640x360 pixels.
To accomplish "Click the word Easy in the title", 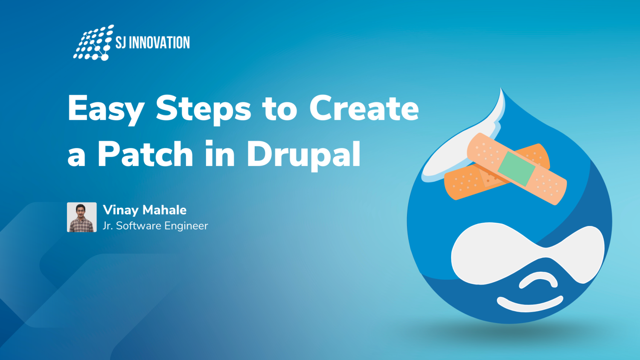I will click(106, 109).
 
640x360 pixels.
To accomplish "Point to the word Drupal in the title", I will click(303, 154).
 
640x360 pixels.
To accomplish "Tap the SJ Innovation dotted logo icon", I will click(93, 43).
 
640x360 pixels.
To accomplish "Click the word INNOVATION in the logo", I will click(159, 43).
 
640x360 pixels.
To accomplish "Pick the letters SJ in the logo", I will click(121, 43).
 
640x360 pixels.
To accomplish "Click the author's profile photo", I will click(82, 217).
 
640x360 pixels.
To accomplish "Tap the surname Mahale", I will click(164, 210).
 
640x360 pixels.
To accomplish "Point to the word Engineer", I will click(186, 226).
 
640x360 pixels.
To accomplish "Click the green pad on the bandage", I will click(516, 168).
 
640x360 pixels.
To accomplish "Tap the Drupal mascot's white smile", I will click(529, 304).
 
